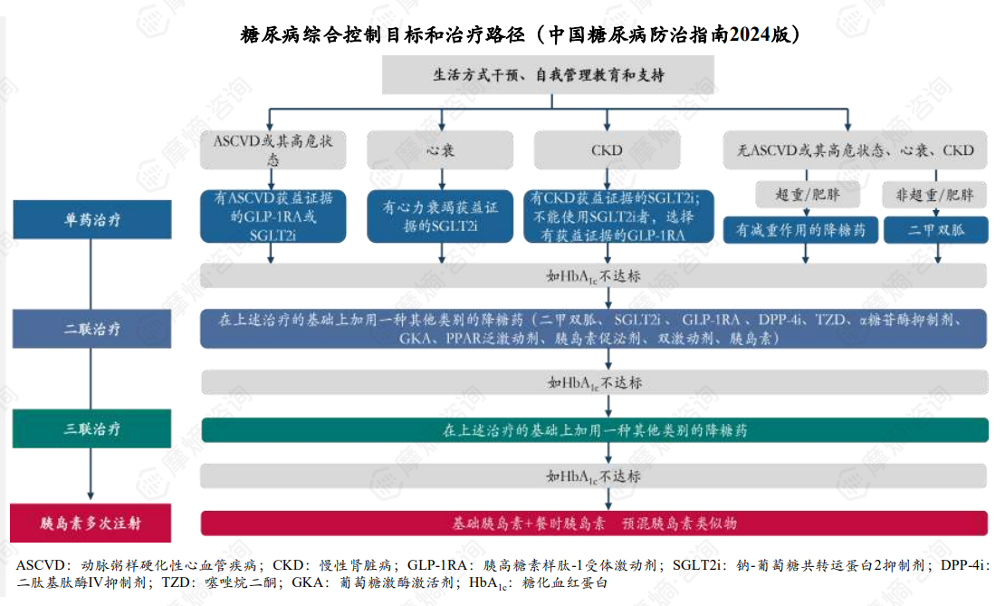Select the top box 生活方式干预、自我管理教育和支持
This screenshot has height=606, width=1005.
(x=549, y=75)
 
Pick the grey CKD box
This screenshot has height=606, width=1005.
(x=607, y=149)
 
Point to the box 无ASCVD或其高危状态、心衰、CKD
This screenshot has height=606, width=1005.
(x=849, y=149)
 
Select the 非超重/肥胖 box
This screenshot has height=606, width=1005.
(x=935, y=195)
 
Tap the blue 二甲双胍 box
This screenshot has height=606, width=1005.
(x=935, y=229)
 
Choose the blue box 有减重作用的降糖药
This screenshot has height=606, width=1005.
(x=800, y=229)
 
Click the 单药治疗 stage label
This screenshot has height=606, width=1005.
(x=92, y=219)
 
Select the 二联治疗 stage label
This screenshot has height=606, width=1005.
(x=92, y=328)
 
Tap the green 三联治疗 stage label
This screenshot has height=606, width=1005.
(x=92, y=428)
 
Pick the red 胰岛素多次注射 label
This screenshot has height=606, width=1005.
(x=92, y=523)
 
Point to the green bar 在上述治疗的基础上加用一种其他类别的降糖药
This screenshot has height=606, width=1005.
(x=594, y=429)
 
